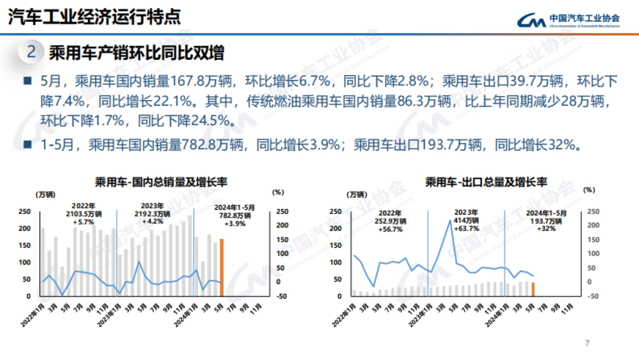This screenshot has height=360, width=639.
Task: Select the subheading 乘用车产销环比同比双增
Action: (x=136, y=52)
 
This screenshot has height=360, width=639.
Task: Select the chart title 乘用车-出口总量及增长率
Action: (x=486, y=182)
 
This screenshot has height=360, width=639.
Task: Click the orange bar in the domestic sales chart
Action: (x=222, y=267)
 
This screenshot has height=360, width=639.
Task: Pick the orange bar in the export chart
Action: (x=533, y=288)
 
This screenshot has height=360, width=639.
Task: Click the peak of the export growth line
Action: (x=450, y=220)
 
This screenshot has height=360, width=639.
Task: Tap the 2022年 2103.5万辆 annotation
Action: (x=86, y=213)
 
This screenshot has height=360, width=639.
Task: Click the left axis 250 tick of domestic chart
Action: (x=24, y=211)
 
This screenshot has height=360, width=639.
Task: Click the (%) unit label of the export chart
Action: (x=589, y=189)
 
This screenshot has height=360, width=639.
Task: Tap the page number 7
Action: (x=587, y=343)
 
